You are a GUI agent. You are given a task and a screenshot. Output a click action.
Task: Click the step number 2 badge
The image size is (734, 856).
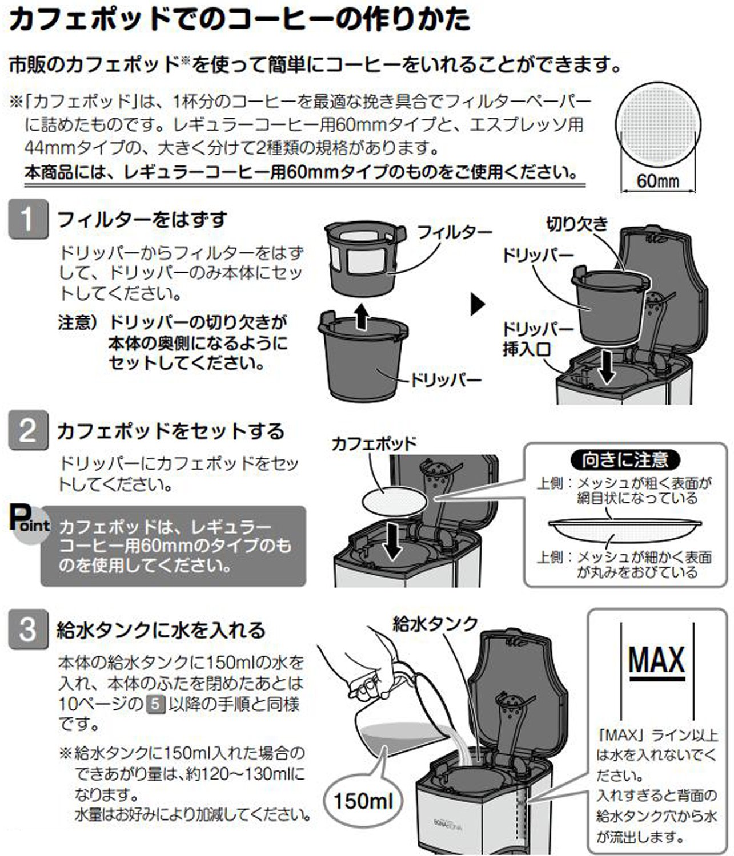(x=28, y=430)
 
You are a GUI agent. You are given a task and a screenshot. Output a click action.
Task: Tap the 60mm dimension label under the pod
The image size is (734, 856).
(x=658, y=181)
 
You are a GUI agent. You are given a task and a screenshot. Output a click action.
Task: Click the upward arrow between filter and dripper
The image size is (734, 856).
(x=362, y=316)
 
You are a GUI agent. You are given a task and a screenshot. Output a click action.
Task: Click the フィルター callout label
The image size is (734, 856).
(x=454, y=232)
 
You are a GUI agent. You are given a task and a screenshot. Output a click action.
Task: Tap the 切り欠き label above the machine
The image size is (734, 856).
(x=576, y=224)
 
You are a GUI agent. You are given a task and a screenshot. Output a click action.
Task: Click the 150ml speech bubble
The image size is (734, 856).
(x=363, y=801)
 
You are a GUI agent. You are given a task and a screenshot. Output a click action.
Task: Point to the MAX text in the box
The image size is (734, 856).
(x=657, y=660)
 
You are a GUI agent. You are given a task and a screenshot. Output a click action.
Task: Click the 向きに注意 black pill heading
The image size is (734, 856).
(x=626, y=460)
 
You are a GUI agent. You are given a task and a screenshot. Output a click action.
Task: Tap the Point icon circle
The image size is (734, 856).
(x=30, y=524)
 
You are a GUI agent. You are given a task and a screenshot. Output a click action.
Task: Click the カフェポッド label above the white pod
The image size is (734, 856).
(x=374, y=444)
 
